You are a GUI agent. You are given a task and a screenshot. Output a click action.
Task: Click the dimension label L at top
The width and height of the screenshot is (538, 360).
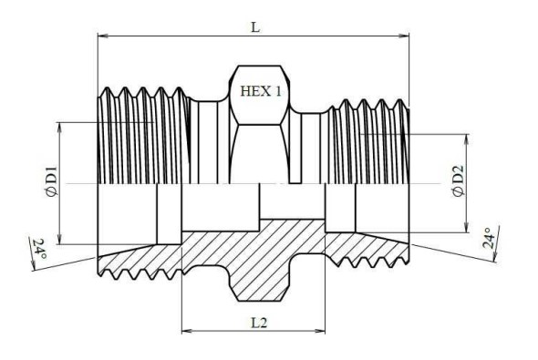255,26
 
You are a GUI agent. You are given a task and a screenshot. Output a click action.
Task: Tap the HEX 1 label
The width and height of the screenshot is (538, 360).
261,91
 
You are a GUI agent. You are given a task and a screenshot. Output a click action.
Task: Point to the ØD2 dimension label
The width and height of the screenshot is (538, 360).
459,181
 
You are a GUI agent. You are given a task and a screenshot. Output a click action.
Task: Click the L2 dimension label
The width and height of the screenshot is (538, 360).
259,323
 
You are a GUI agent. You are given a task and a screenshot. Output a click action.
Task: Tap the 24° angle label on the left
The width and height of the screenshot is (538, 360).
39,249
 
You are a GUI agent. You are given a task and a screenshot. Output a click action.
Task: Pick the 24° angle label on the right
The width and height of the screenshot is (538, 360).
489,238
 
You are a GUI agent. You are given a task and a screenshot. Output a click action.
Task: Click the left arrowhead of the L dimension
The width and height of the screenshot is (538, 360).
103,36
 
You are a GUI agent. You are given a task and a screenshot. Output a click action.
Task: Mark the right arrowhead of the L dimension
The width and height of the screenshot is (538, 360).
404,36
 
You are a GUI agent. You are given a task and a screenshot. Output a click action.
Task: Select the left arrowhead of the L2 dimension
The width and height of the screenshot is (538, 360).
187,331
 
